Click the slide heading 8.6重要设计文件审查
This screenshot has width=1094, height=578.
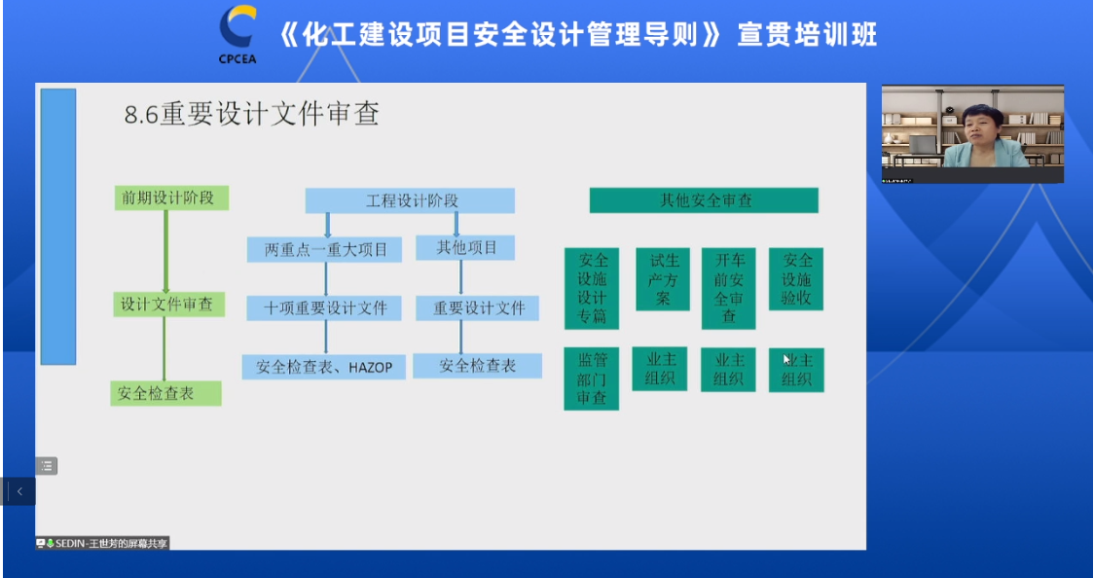click(251, 115)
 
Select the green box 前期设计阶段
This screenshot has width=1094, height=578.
click(170, 199)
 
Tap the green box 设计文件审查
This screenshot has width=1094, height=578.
click(166, 304)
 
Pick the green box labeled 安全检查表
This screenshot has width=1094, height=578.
click(165, 393)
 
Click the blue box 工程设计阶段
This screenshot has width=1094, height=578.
click(410, 200)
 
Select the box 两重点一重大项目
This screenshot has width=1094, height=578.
click(326, 249)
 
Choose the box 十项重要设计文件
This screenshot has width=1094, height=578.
click(326, 308)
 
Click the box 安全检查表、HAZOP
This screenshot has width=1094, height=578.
click(324, 367)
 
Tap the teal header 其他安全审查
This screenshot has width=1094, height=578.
click(704, 200)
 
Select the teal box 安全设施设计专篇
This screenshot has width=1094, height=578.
click(592, 288)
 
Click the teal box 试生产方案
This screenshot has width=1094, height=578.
click(662, 279)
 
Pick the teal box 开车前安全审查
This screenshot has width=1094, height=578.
click(728, 288)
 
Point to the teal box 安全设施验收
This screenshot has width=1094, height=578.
click(796, 279)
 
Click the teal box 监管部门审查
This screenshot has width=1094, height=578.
click(591, 379)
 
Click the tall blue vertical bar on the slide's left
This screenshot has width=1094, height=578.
click(58, 227)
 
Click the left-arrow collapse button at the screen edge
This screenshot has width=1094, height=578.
click(18, 491)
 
